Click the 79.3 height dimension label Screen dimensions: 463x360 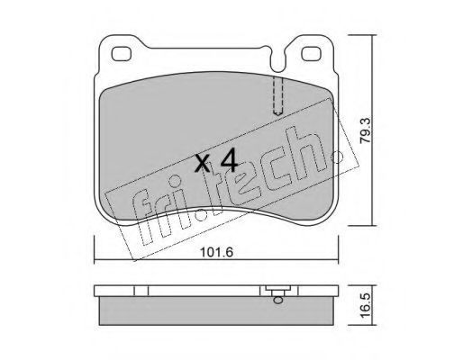(368, 130)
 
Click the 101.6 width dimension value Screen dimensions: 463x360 (216, 252)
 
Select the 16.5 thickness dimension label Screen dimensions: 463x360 (368, 305)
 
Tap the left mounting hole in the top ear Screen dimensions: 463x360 (122, 54)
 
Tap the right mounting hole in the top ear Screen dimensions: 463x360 (312, 54)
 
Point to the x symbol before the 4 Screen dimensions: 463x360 (202, 164)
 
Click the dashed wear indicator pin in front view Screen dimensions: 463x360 (277, 95)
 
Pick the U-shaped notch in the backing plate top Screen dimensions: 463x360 (277, 60)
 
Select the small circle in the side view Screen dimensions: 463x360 (277, 300)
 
